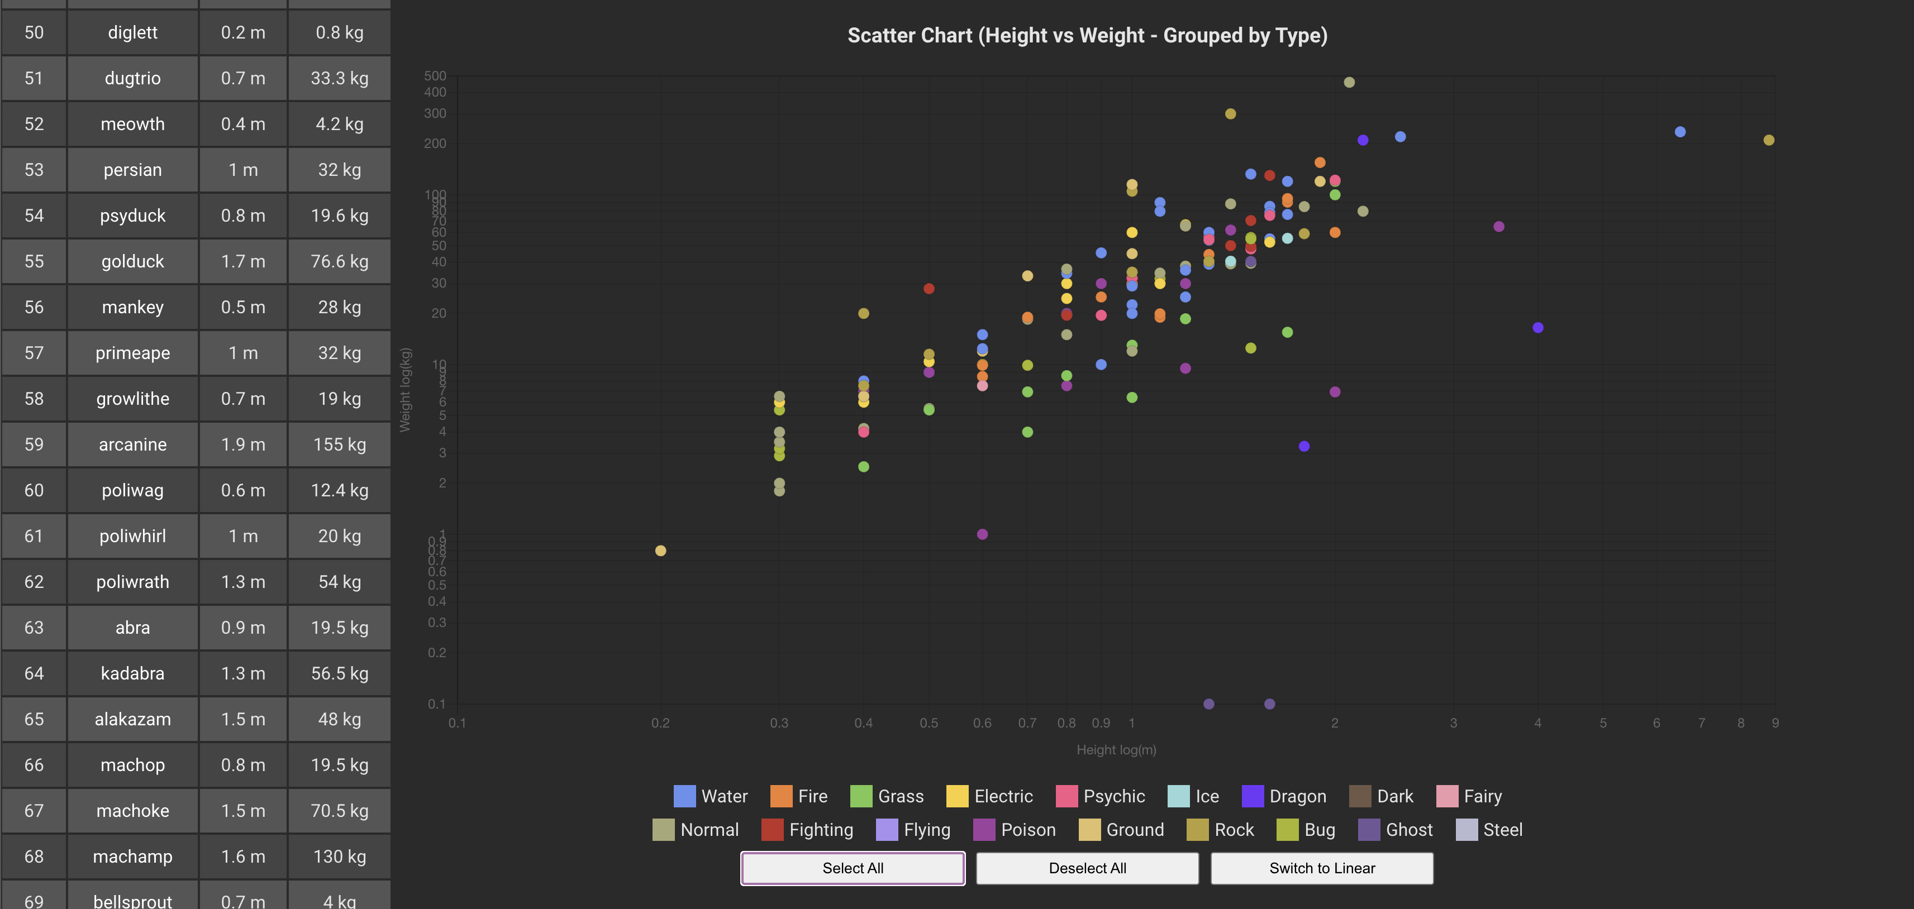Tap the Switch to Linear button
pyautogui.click(x=1321, y=868)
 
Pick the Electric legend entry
pyautogui.click(x=990, y=796)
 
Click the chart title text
pyautogui.click(x=1087, y=35)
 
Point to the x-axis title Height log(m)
pyautogui.click(x=1116, y=750)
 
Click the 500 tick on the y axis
pyautogui.click(x=435, y=76)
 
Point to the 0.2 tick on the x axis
pyautogui.click(x=660, y=723)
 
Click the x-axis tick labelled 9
pyautogui.click(x=1774, y=723)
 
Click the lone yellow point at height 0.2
pyautogui.click(x=660, y=551)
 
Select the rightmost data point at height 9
pyautogui.click(x=1768, y=140)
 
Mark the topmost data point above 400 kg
pyautogui.click(x=1349, y=83)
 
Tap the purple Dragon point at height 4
pyautogui.click(x=1537, y=328)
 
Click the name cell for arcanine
pyautogui.click(x=132, y=444)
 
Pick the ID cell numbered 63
pyautogui.click(x=34, y=628)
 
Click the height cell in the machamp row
pyautogui.click(x=242, y=857)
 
